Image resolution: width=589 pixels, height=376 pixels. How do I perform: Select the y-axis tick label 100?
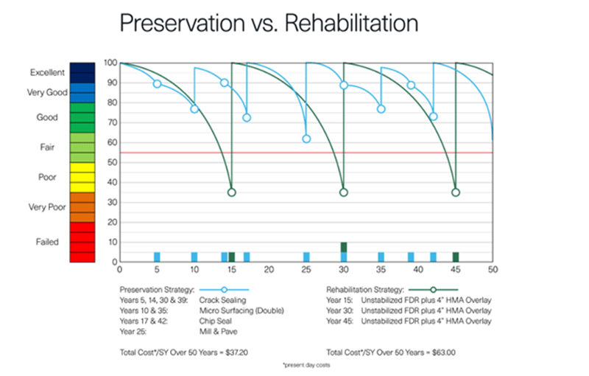coord(111,63)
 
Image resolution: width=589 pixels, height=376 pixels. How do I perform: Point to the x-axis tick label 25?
coord(306,271)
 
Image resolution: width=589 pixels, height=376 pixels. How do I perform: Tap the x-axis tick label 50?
coord(493,271)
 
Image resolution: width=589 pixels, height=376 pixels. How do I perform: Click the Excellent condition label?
coord(49,72)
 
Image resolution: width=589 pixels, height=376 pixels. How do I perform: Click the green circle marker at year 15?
coord(232,192)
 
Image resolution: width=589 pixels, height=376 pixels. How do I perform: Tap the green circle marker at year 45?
coord(456,192)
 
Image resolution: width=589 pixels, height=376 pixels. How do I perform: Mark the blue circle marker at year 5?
coord(157,84)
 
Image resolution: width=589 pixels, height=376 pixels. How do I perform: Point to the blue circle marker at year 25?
coord(306,139)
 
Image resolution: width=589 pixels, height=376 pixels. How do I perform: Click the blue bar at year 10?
coord(194,257)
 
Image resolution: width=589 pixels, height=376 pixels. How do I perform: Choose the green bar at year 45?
coord(456,257)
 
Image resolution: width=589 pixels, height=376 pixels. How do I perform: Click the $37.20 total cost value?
coord(234,352)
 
